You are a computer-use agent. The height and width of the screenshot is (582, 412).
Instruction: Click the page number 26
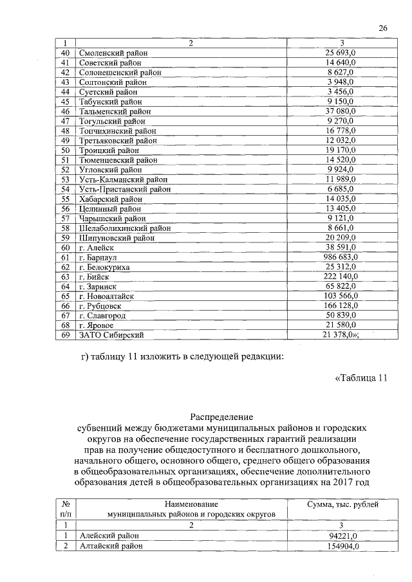[383, 28]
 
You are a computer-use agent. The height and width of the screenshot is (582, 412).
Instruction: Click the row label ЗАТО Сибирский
[111, 335]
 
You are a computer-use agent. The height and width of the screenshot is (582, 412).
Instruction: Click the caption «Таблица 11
[361, 377]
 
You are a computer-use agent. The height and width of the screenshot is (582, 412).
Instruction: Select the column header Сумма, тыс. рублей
[341, 504]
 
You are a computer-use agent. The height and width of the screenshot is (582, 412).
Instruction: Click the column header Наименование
[191, 504]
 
